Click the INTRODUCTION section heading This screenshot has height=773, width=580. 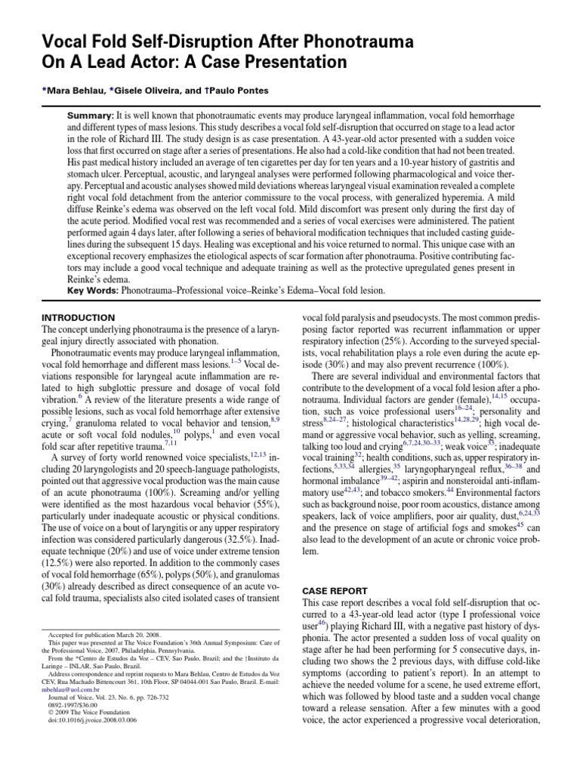pos(78,318)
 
